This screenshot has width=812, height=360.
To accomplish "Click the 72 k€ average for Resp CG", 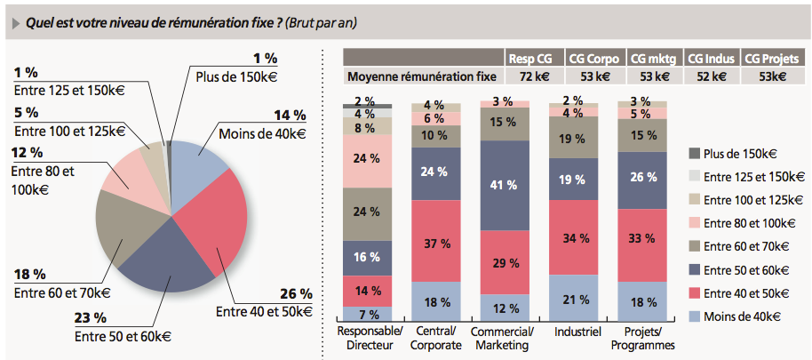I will click(x=534, y=76).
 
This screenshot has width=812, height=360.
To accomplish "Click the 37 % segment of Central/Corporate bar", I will click(x=436, y=244).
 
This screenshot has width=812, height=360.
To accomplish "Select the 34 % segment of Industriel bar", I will click(x=573, y=238).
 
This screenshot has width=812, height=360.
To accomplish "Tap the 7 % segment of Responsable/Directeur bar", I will click(x=367, y=314).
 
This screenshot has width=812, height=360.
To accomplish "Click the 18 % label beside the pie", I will click(x=30, y=275).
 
